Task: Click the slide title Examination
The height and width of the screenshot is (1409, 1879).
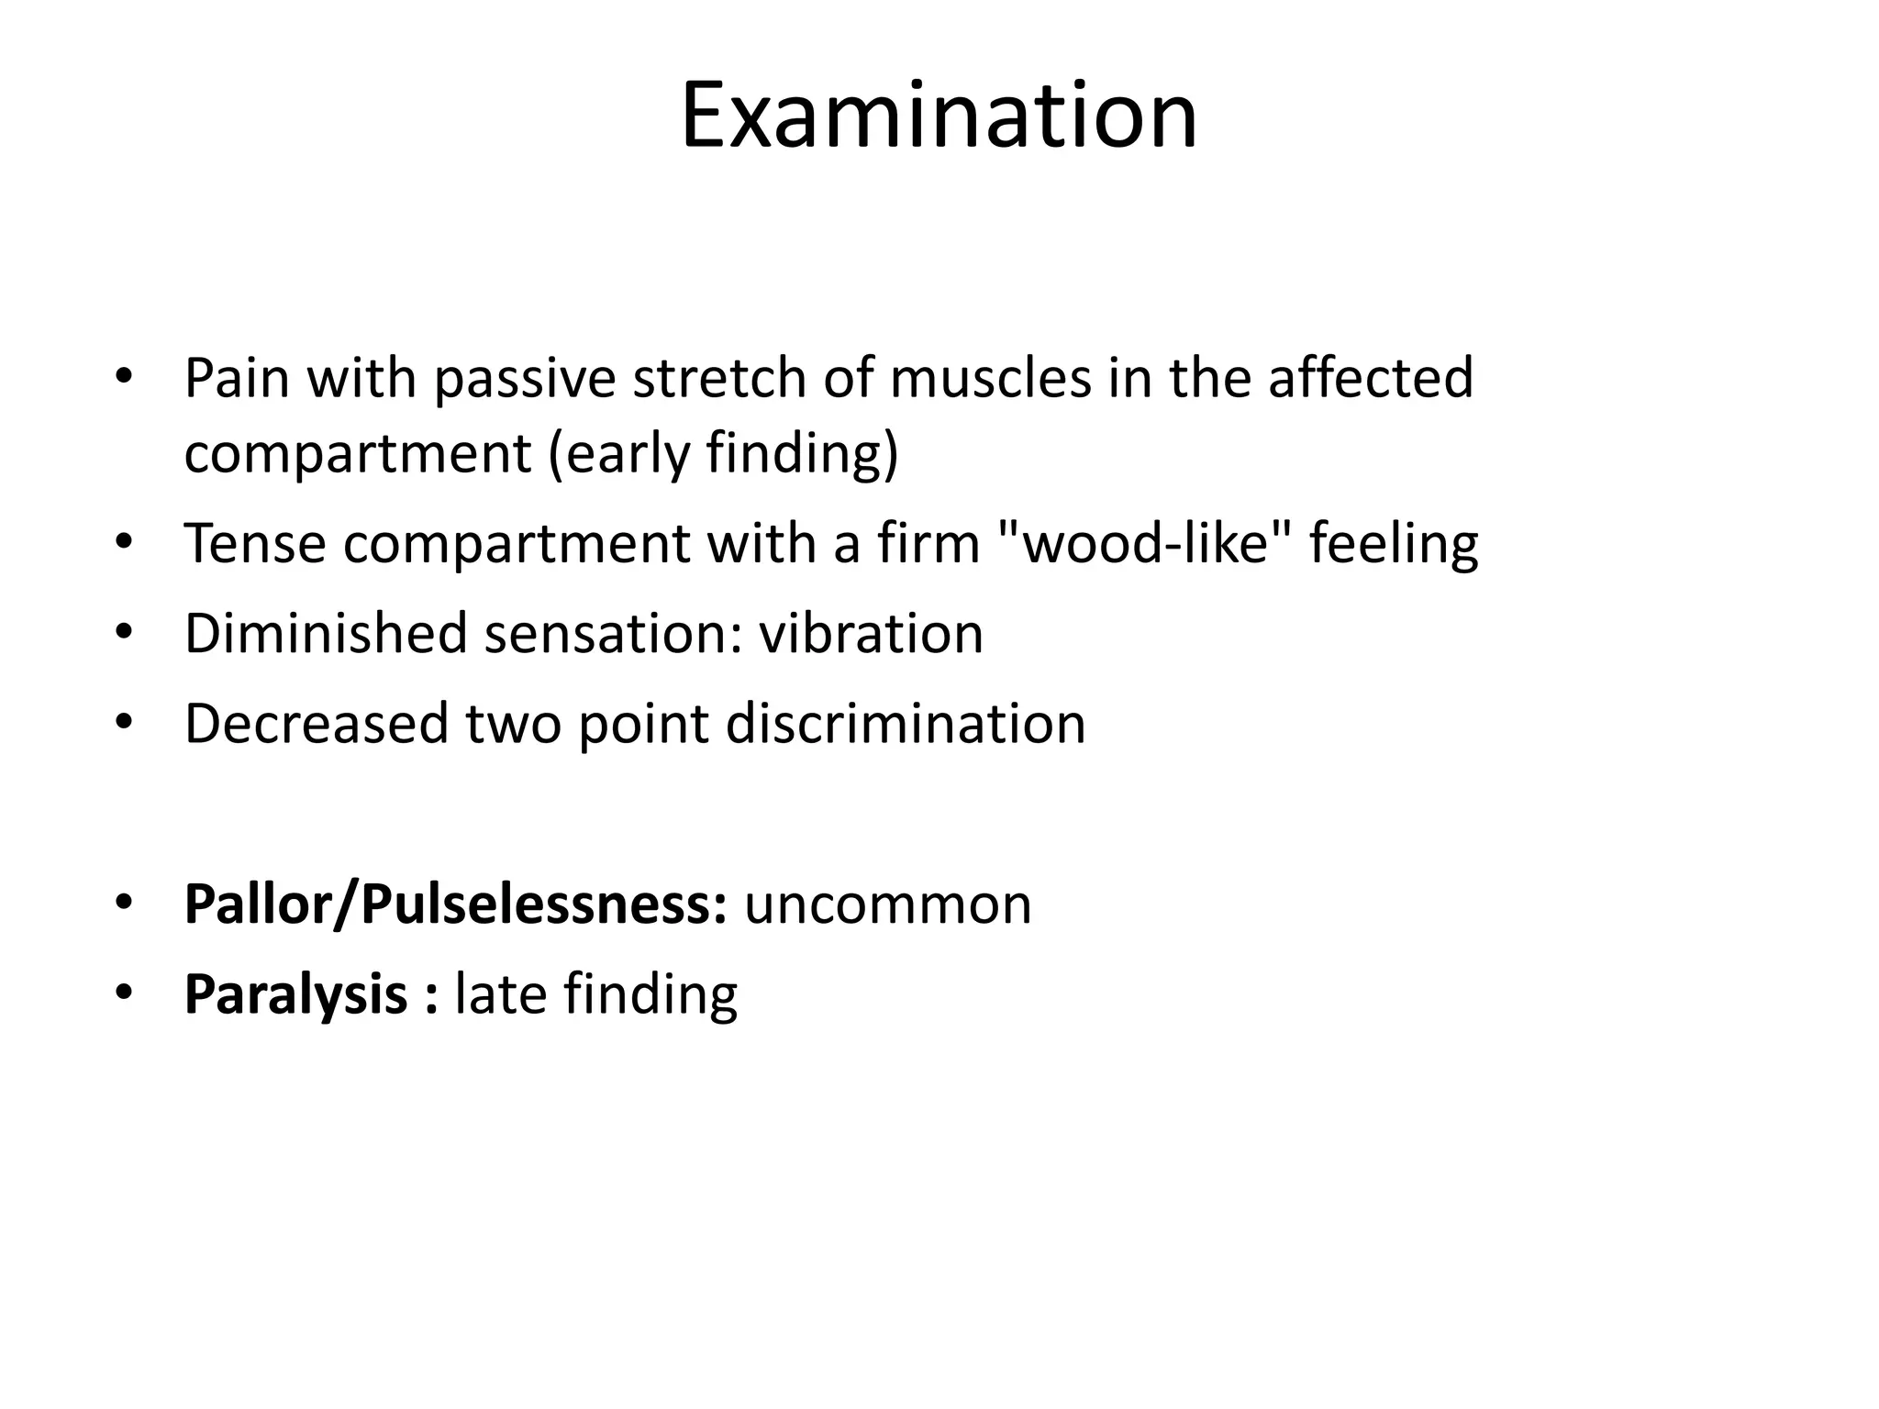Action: click(x=939, y=116)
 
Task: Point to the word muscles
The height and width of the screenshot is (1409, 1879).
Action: click(x=990, y=377)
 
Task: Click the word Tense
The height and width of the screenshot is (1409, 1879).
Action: click(x=255, y=543)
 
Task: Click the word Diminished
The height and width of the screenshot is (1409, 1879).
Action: click(x=326, y=633)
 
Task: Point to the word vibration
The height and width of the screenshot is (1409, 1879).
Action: click(x=871, y=633)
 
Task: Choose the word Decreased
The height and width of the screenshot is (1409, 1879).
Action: click(x=317, y=723)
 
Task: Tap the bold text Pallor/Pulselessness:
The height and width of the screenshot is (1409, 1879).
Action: click(x=456, y=904)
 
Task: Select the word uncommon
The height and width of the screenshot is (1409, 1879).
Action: click(x=887, y=904)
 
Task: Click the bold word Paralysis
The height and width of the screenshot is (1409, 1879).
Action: click(x=296, y=994)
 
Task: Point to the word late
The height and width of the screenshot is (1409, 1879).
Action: click(x=500, y=994)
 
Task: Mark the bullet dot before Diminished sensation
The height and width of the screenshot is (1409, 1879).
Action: click(x=125, y=632)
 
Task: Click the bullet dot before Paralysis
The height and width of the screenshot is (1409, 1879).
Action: click(x=125, y=993)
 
